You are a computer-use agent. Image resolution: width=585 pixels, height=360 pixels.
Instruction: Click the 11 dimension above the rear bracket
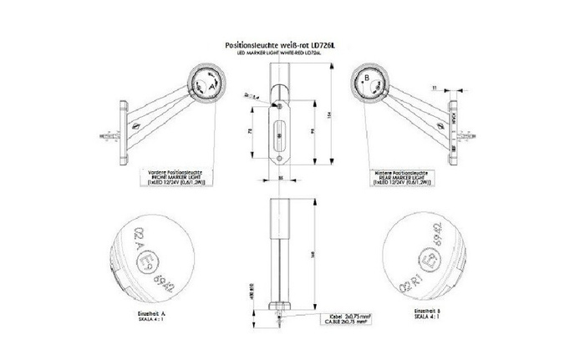click(x=435, y=87)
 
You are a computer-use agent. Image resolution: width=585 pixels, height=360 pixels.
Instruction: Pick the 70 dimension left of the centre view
click(x=252, y=131)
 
